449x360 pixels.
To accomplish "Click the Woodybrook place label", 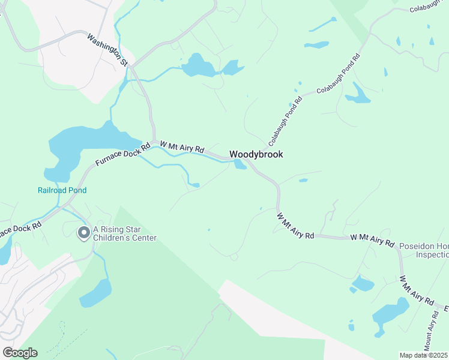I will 256,154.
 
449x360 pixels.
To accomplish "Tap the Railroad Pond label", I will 62,190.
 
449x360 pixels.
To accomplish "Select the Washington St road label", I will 108,49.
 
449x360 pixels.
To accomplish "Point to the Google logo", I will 20,353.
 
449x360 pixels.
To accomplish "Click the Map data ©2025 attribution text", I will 423,355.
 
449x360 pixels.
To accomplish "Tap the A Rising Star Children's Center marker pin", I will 83,233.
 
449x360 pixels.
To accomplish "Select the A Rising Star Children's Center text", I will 125,233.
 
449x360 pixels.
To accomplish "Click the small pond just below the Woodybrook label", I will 240,164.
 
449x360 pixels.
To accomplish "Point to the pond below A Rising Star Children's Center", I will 95,293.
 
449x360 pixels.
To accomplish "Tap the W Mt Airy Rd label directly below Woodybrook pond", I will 295,226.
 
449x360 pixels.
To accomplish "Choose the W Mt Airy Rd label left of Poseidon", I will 372,241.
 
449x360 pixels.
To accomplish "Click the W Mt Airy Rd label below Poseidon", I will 417,291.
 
